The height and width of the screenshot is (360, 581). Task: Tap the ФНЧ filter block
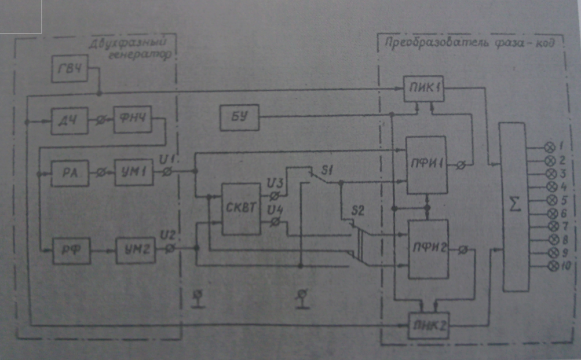click(x=133, y=122)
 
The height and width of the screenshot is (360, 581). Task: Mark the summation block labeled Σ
click(x=516, y=207)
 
